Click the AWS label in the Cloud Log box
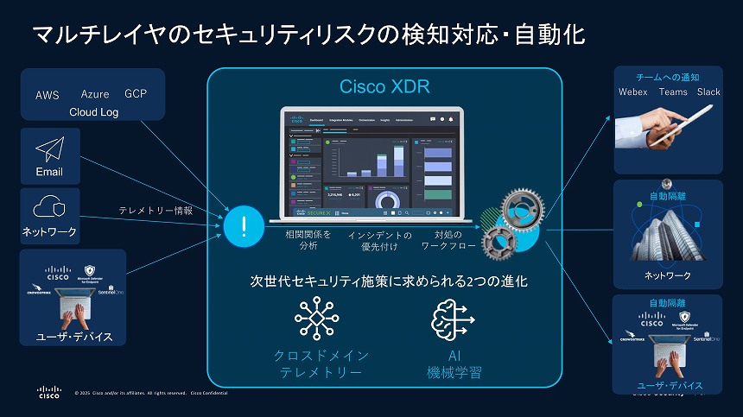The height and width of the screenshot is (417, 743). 48,95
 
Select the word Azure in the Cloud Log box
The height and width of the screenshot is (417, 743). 95,94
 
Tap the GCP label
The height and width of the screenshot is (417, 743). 137,93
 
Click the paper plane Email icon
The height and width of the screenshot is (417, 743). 49,149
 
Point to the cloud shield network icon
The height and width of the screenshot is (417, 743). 49,208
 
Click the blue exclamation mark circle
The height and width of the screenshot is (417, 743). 244,227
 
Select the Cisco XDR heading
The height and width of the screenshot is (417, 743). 384,87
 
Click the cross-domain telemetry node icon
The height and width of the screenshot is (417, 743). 316,318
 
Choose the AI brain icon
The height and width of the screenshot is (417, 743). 453,318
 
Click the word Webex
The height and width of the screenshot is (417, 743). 632,92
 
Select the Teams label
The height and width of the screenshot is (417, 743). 673,92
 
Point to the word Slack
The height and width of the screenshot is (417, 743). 708,92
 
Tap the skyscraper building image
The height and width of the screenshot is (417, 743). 668,233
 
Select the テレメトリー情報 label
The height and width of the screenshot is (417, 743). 156,210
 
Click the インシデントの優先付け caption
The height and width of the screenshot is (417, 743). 380,240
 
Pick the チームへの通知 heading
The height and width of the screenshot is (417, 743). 668,77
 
